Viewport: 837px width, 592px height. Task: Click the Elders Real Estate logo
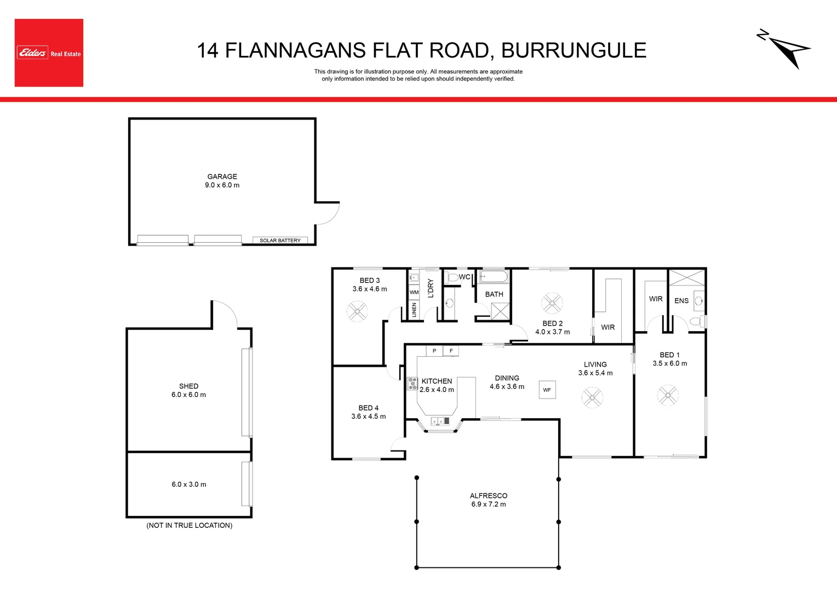pos(49,53)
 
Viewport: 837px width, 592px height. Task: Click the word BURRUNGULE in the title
pos(574,50)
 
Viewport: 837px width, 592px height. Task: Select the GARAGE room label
pos(222,177)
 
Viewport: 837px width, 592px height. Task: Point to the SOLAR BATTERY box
pos(280,240)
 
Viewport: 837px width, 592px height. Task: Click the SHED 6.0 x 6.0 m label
pos(188,390)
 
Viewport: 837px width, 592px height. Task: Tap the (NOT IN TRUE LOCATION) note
pos(189,525)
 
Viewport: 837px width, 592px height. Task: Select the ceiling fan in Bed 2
pos(552,303)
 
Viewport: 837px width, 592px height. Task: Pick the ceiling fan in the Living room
pos(592,397)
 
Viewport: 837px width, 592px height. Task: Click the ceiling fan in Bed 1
pos(667,395)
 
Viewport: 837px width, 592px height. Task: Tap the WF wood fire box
pos(547,390)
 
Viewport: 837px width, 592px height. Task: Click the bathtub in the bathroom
pos(494,276)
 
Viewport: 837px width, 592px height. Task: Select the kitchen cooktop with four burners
pos(412,384)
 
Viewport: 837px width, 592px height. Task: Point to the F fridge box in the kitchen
pos(451,351)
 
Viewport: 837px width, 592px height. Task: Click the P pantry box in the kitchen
pos(434,351)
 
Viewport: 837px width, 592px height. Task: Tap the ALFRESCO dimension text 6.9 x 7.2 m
pos(488,504)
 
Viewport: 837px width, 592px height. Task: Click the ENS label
pos(681,300)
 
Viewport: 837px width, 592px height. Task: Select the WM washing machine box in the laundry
pos(414,293)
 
